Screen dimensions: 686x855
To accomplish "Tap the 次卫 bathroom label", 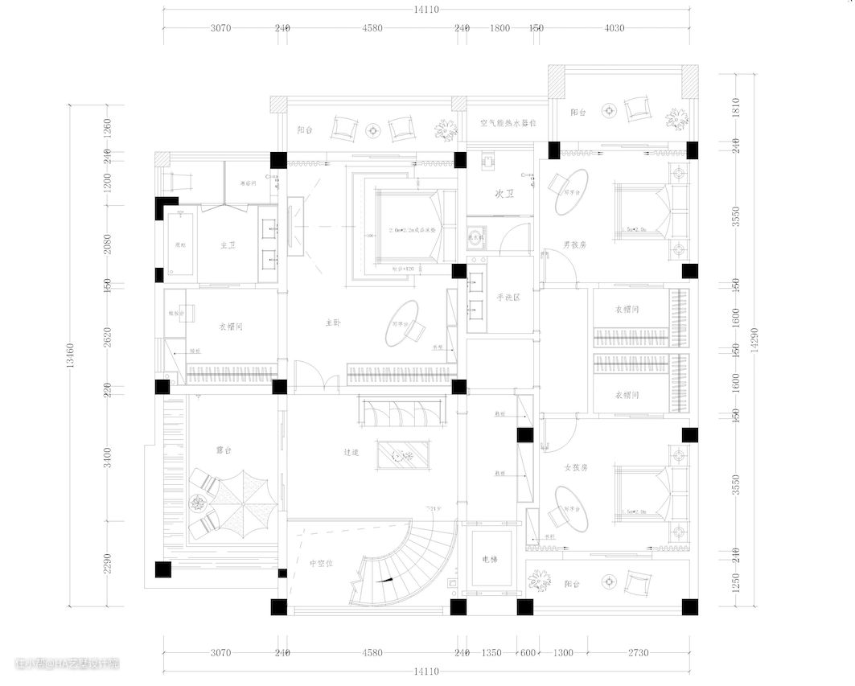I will (504, 194).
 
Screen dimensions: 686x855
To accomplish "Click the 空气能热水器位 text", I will (508, 123).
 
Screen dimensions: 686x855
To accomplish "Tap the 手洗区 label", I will (508, 298).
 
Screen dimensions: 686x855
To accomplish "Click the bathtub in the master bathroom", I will (179, 245).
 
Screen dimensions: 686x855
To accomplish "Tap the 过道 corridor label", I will (350, 453).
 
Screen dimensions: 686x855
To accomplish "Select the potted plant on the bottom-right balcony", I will (538, 581).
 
